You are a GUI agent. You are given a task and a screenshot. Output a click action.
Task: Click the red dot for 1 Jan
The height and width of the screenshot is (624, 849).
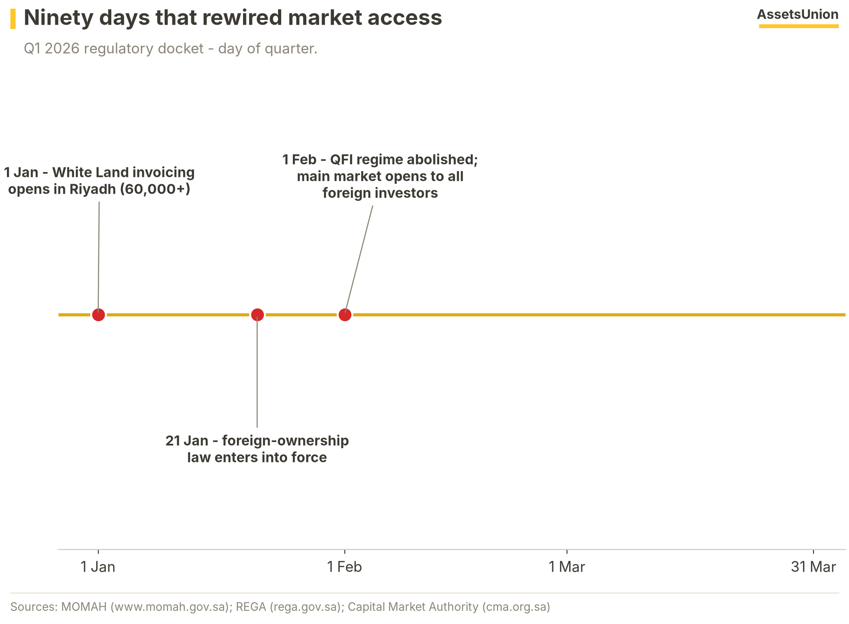(98, 315)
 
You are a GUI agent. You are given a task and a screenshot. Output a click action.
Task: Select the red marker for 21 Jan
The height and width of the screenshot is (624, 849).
(257, 315)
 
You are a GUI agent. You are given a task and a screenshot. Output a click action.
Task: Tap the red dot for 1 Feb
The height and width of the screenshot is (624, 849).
(345, 315)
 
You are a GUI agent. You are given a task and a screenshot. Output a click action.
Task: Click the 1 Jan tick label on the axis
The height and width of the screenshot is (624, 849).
(98, 566)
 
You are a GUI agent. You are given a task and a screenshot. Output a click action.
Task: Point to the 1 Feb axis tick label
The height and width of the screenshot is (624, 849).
(344, 566)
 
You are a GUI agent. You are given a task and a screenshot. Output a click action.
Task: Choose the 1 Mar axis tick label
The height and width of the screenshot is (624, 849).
(567, 566)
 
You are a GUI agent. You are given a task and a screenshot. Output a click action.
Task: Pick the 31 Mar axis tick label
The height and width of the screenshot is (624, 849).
(813, 566)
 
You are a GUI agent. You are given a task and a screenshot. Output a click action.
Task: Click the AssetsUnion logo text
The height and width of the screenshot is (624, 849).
(798, 14)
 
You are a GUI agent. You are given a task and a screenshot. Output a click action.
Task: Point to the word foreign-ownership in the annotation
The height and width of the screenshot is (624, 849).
(285, 441)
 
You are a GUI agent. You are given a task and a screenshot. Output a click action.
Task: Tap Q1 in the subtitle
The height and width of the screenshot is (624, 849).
(32, 49)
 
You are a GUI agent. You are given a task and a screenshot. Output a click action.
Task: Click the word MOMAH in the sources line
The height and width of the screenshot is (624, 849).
(84, 607)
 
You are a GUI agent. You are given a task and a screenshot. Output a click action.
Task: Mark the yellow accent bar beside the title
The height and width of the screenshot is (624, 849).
(13, 19)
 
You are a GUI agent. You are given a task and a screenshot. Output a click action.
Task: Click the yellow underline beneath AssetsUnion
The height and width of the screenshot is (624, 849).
(799, 26)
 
